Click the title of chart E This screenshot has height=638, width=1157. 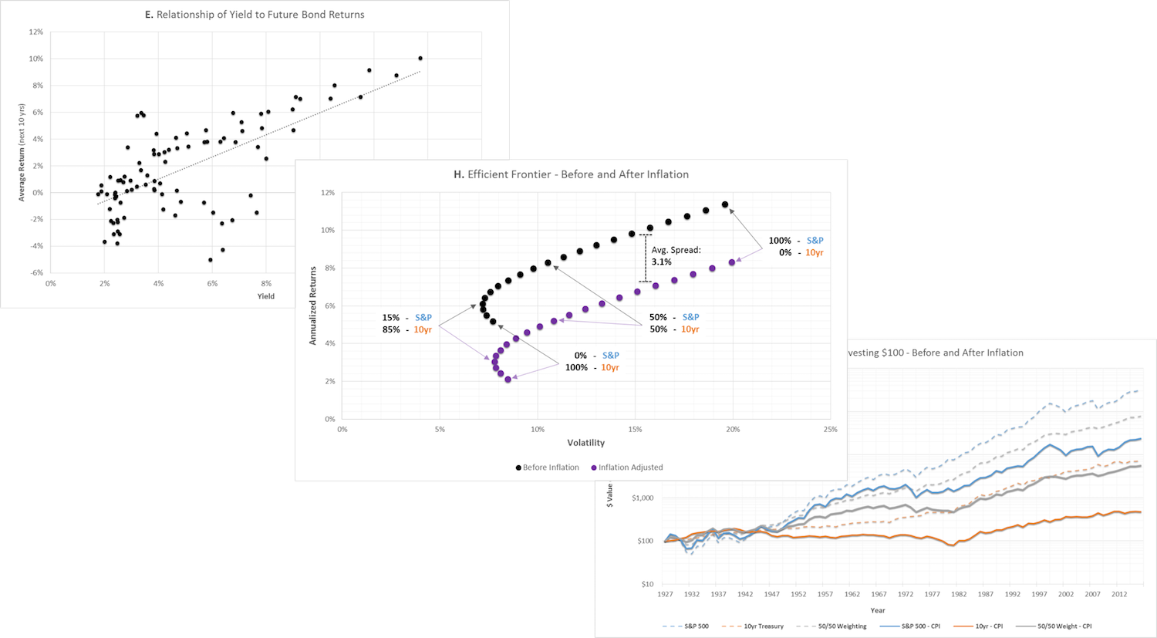(x=255, y=15)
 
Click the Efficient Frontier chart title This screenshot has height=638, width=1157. (x=571, y=174)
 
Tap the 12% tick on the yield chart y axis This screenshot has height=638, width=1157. (x=36, y=32)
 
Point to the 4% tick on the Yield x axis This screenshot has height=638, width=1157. (x=158, y=284)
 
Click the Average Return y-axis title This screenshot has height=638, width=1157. (x=22, y=153)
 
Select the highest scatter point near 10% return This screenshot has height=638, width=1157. (x=420, y=58)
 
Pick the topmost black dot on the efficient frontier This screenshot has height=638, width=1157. (x=725, y=204)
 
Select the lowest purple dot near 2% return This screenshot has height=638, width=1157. (x=508, y=380)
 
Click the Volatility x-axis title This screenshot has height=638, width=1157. (x=586, y=443)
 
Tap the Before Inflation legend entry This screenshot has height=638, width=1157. (x=547, y=468)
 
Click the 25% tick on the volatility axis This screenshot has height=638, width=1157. (x=830, y=430)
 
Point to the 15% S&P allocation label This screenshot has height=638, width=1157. (x=406, y=318)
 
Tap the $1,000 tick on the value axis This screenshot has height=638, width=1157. (x=643, y=498)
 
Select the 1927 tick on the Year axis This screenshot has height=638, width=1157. (x=665, y=595)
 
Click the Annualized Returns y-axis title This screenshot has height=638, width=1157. (x=313, y=305)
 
